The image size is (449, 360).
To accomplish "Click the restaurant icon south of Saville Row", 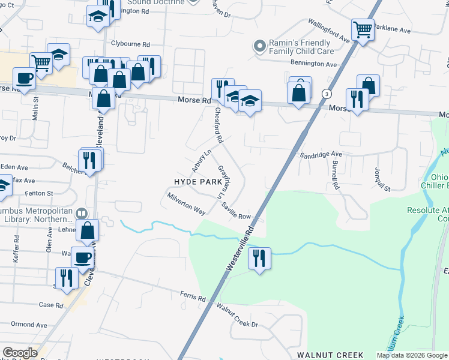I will coord(259,258).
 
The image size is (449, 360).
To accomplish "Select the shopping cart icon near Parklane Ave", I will coord(363,29).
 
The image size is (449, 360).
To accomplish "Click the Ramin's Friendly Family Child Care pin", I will coord(259,46).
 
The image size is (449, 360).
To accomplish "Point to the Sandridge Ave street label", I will coord(321,155).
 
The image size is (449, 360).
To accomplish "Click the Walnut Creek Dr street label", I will coord(237,316).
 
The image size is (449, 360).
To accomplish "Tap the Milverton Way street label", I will coord(187,204).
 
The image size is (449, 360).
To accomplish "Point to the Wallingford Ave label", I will coord(329,31).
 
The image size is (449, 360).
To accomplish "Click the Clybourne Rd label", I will coord(130,44).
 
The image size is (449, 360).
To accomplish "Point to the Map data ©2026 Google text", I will coord(411,355).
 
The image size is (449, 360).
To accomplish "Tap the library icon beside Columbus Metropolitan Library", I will coord(82,214).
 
